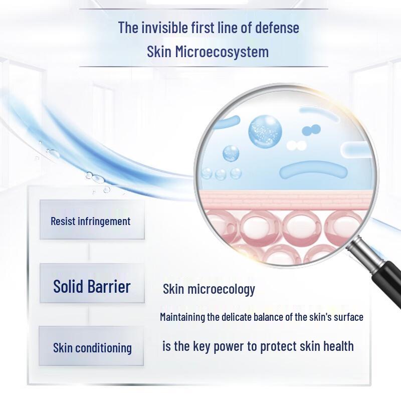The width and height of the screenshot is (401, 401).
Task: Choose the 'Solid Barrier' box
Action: click(x=92, y=287)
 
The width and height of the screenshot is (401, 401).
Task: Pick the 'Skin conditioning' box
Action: click(x=92, y=347)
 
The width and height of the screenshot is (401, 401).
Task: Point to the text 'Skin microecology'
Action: click(x=209, y=289)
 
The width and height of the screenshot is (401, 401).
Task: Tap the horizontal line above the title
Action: click(x=204, y=9)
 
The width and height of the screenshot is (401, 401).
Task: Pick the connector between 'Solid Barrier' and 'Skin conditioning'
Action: click(x=89, y=314)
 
